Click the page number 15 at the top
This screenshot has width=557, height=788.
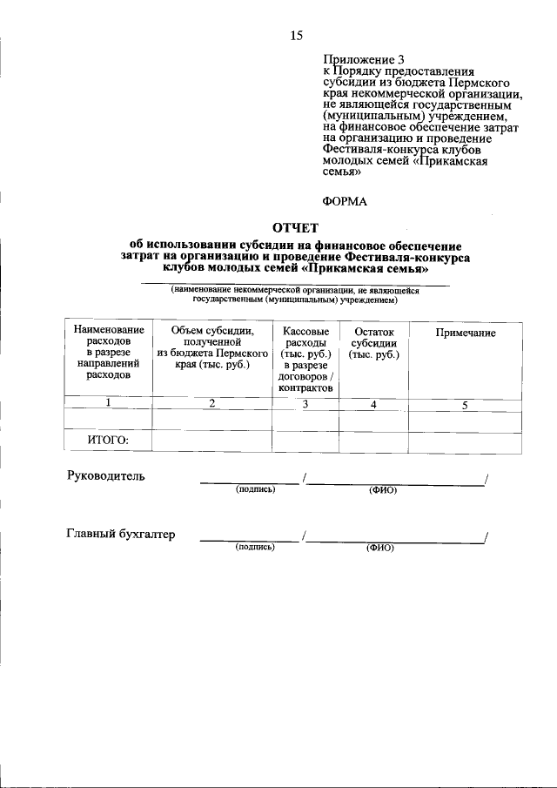click(297, 36)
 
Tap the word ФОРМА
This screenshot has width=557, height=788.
click(345, 201)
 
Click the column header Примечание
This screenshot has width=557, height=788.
click(466, 333)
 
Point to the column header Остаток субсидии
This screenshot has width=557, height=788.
click(374, 344)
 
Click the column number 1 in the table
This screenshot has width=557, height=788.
click(108, 402)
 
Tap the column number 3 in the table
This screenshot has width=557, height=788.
click(305, 404)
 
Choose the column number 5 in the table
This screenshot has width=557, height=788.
click(465, 405)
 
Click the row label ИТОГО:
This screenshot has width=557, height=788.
click(108, 441)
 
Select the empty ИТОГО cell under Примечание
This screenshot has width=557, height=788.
click(466, 441)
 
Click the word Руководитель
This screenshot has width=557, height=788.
click(106, 476)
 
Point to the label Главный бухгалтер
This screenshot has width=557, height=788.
click(121, 535)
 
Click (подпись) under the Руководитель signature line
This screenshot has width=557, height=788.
click(255, 490)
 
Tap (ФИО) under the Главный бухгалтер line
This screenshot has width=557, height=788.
click(380, 549)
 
